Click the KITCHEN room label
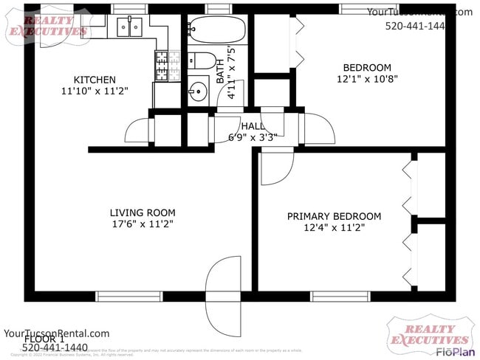tap(94, 80)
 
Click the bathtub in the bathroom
tap(215, 31)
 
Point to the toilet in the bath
tap(202, 61)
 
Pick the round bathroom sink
tap(198, 93)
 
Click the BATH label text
tap(220, 70)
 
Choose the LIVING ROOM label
tap(143, 213)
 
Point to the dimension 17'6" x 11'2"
tap(143, 225)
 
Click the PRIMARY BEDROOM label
tap(334, 216)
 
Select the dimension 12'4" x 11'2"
tap(334, 228)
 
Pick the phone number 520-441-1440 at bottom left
tap(55, 348)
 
